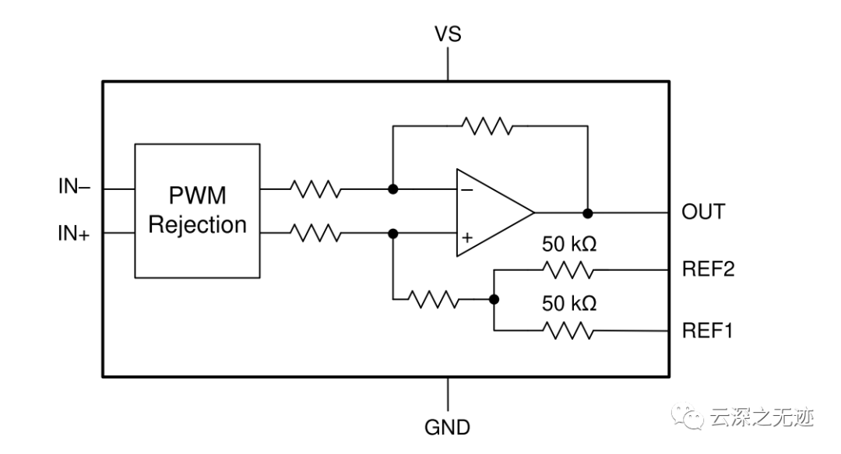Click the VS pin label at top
point(448,34)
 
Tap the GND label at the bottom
point(447,428)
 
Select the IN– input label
point(74,187)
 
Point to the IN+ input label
point(74,233)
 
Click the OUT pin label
point(703,212)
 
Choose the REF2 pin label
point(708,269)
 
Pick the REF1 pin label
point(708,331)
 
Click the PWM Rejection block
point(197,210)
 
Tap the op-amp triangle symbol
point(491,212)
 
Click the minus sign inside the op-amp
point(466,189)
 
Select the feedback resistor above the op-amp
point(487,125)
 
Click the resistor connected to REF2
point(569,270)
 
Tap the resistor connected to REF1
point(569,331)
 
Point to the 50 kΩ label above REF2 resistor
point(569,244)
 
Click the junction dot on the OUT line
point(588,213)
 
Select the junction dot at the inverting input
point(393,189)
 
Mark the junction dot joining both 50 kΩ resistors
point(494,300)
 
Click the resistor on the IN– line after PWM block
point(315,188)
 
